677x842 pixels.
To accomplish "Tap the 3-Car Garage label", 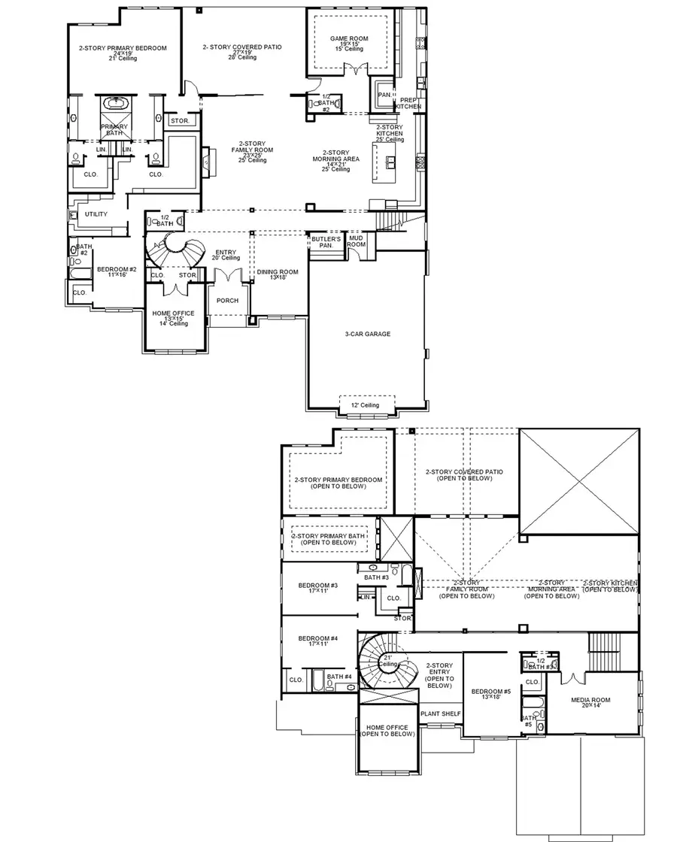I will point(368,334).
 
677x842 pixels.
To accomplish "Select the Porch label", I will point(227,301).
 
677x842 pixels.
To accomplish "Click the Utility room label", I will point(96,214).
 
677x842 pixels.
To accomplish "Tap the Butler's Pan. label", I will point(326,242).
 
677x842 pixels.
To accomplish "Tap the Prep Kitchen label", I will point(410,104).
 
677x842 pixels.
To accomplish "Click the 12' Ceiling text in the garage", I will point(366,405).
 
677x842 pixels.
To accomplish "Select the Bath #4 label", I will point(340,677).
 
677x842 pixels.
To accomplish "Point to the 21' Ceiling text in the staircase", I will point(388,661).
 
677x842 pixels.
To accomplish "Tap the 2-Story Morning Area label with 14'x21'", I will point(335,160).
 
